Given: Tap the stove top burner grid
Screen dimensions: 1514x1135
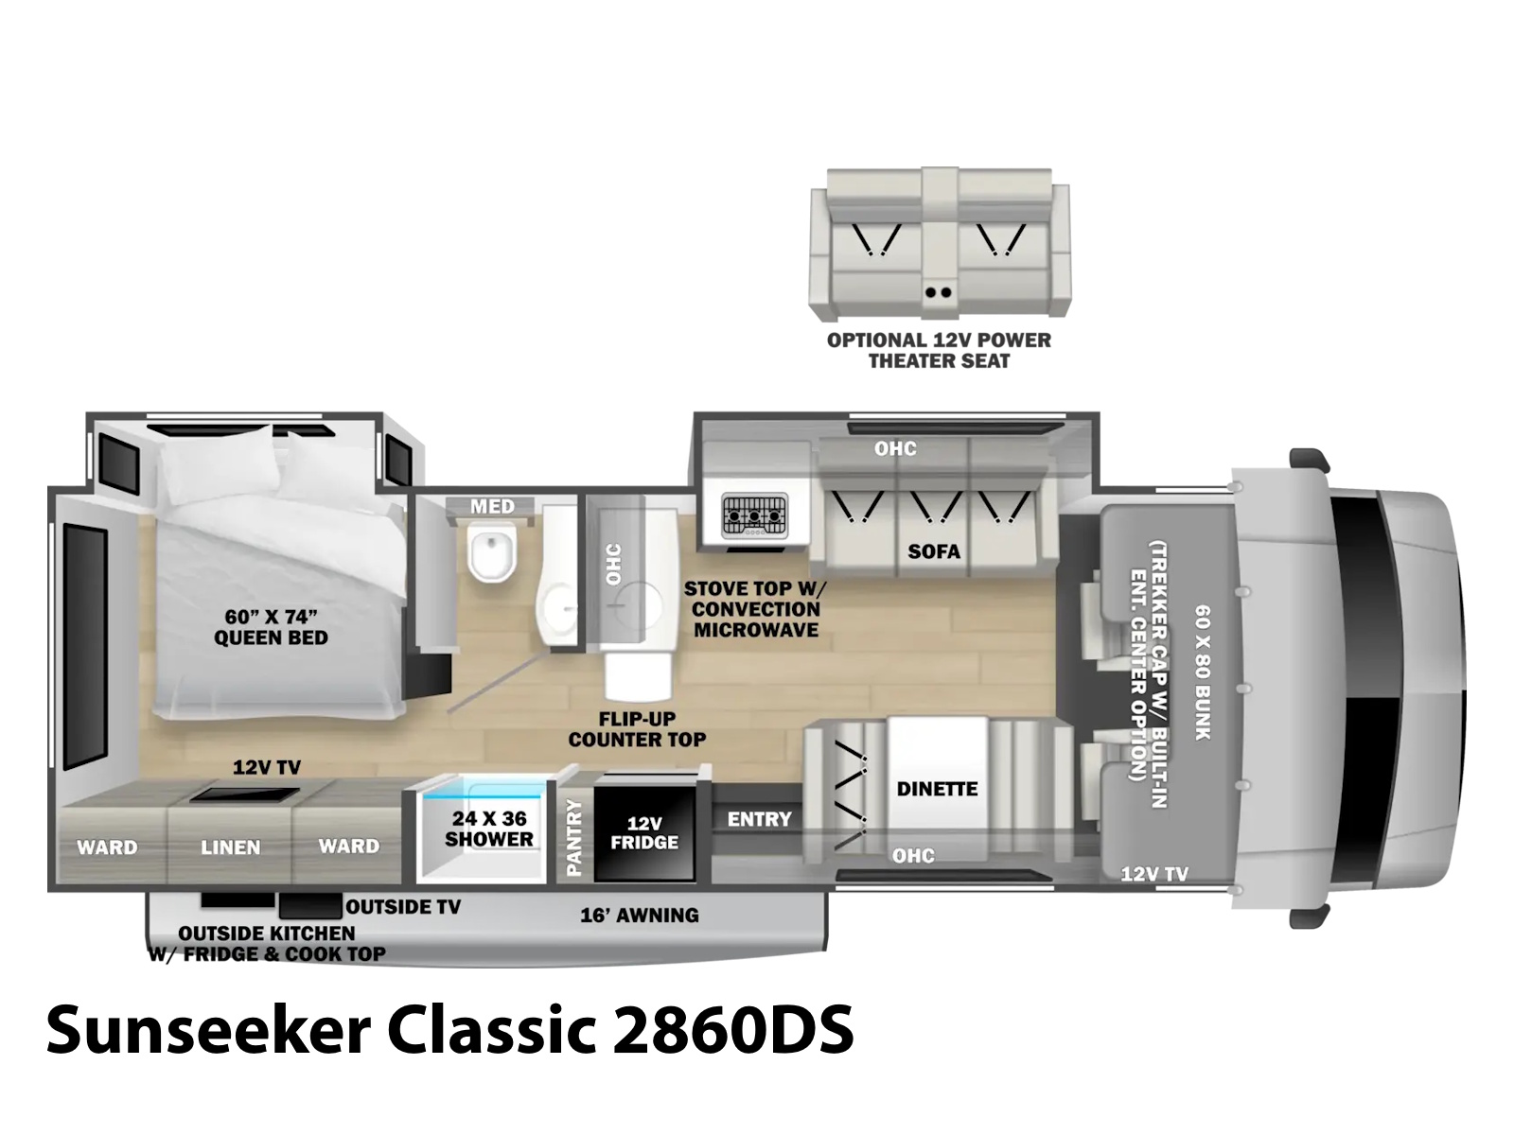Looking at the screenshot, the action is [754, 515].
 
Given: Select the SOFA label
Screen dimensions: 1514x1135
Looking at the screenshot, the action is [934, 551].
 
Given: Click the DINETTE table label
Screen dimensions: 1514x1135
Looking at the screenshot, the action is [937, 789].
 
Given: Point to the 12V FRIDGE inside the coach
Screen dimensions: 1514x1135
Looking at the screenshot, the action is [644, 833].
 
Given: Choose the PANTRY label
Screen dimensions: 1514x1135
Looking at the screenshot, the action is [573, 837].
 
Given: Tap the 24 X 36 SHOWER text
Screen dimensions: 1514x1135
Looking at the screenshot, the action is [488, 829].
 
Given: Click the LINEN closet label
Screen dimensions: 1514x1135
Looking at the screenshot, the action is [230, 847].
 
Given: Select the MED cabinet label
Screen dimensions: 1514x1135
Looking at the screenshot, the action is [492, 507].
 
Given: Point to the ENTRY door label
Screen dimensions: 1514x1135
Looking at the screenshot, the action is [760, 819].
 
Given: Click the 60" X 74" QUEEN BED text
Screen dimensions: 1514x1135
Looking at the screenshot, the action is [271, 627].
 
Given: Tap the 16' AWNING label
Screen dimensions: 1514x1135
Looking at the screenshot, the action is [640, 916].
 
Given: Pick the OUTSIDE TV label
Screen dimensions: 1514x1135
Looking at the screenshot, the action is [403, 907].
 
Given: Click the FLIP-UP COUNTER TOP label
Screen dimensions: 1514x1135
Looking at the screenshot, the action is [637, 729].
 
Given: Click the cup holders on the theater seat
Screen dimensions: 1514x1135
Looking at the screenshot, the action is [938, 292].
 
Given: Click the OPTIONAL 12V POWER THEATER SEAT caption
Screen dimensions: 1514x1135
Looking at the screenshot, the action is [939, 350].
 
